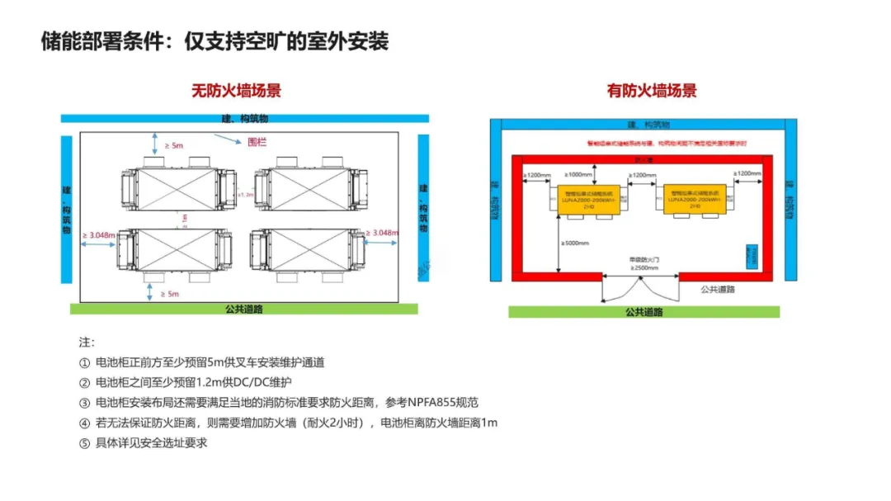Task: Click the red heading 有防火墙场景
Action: [x=652, y=91]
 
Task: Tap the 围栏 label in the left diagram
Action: [x=259, y=141]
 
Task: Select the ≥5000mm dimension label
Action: [x=575, y=243]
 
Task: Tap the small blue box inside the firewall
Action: [x=752, y=254]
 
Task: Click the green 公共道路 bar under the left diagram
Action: [x=243, y=309]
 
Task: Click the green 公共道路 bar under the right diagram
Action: [x=643, y=312]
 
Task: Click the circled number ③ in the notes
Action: [x=84, y=403]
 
